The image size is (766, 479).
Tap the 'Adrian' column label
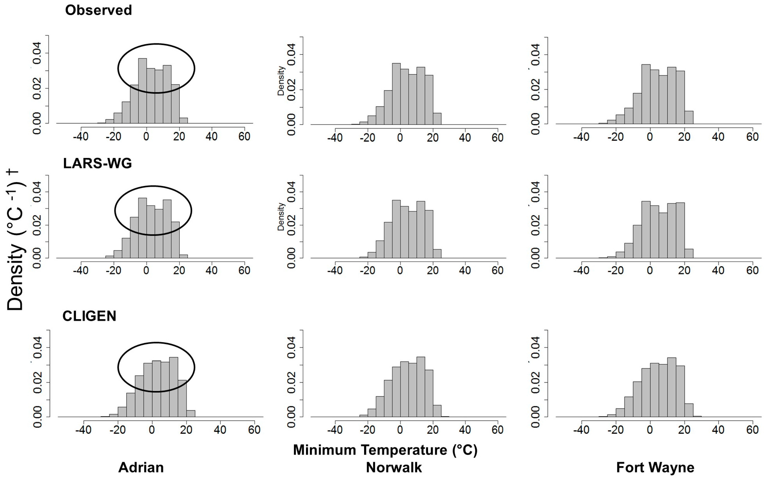[141, 467]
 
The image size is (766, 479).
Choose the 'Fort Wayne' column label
[655, 467]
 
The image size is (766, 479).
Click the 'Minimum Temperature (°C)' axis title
[385, 450]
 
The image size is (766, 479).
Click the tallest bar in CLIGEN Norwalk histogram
[421, 387]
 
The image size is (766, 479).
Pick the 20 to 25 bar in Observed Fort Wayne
[689, 118]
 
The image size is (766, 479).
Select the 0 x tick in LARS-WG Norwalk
[400, 270]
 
